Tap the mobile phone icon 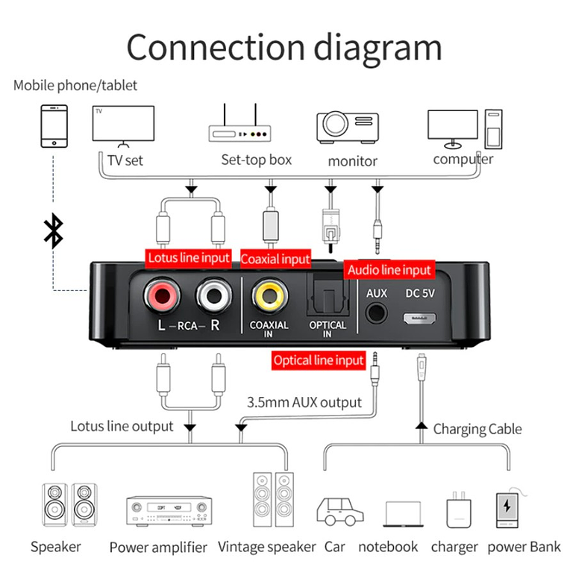[53, 125]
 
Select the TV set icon [123, 123]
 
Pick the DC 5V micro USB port [419, 319]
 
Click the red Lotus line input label [189, 258]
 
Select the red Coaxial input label [275, 259]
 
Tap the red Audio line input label [389, 269]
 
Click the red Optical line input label [319, 360]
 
